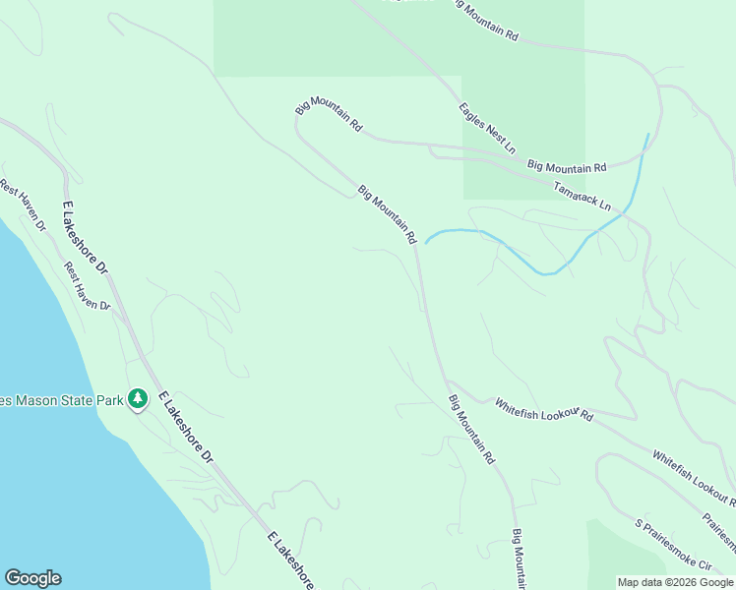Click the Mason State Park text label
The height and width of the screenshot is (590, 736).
click(x=62, y=400)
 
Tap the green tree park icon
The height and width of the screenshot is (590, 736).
click(x=139, y=398)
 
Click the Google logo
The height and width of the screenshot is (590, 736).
click(x=32, y=578)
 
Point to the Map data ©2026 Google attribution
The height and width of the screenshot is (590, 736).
click(x=675, y=582)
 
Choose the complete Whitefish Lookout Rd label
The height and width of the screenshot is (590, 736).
click(x=544, y=409)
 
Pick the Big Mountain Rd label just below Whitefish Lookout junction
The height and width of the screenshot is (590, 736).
click(x=470, y=429)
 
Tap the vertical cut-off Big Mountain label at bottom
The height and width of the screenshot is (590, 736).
click(x=519, y=559)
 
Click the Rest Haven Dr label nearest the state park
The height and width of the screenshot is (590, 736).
click(x=88, y=286)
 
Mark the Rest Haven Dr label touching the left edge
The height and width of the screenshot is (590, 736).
click(x=22, y=204)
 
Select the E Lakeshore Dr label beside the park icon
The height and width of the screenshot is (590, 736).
click(x=185, y=427)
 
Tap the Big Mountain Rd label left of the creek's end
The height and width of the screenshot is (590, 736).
click(x=387, y=213)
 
